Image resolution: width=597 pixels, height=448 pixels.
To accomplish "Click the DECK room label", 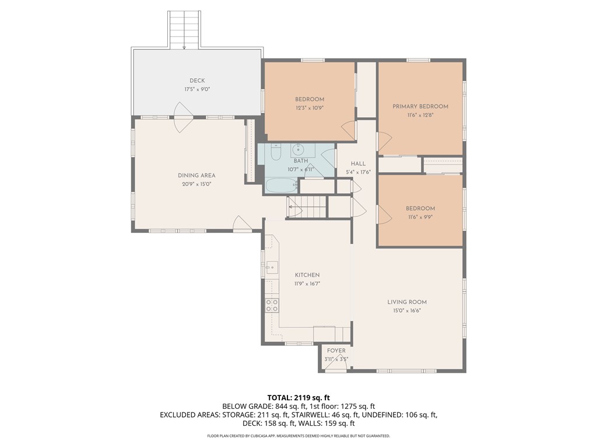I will coord(197,80).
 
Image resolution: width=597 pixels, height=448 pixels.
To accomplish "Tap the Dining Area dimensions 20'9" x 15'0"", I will coord(196,184).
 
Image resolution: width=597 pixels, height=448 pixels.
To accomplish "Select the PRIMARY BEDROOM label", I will coord(420,106).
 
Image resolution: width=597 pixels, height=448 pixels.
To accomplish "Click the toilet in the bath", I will coord(276,151).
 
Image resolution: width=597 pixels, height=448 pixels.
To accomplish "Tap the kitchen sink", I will coord(272,268).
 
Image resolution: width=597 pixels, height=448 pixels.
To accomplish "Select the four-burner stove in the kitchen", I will coord(272,306).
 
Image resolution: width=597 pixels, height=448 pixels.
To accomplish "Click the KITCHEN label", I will coord(307,275).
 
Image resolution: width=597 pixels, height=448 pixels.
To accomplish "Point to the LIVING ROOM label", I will coord(407,302).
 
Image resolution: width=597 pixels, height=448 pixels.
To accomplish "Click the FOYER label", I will coord(336,351).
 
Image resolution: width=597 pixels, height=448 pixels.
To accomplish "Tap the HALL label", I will coord(358,164).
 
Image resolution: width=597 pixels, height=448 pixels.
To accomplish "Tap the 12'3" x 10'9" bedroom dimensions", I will coord(309,108).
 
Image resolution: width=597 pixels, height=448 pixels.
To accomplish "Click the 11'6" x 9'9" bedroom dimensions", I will coord(420,217).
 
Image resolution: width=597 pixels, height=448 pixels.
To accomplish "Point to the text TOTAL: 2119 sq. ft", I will coord(298,398).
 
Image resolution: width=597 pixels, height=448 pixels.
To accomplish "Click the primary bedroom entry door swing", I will coord(384,141).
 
